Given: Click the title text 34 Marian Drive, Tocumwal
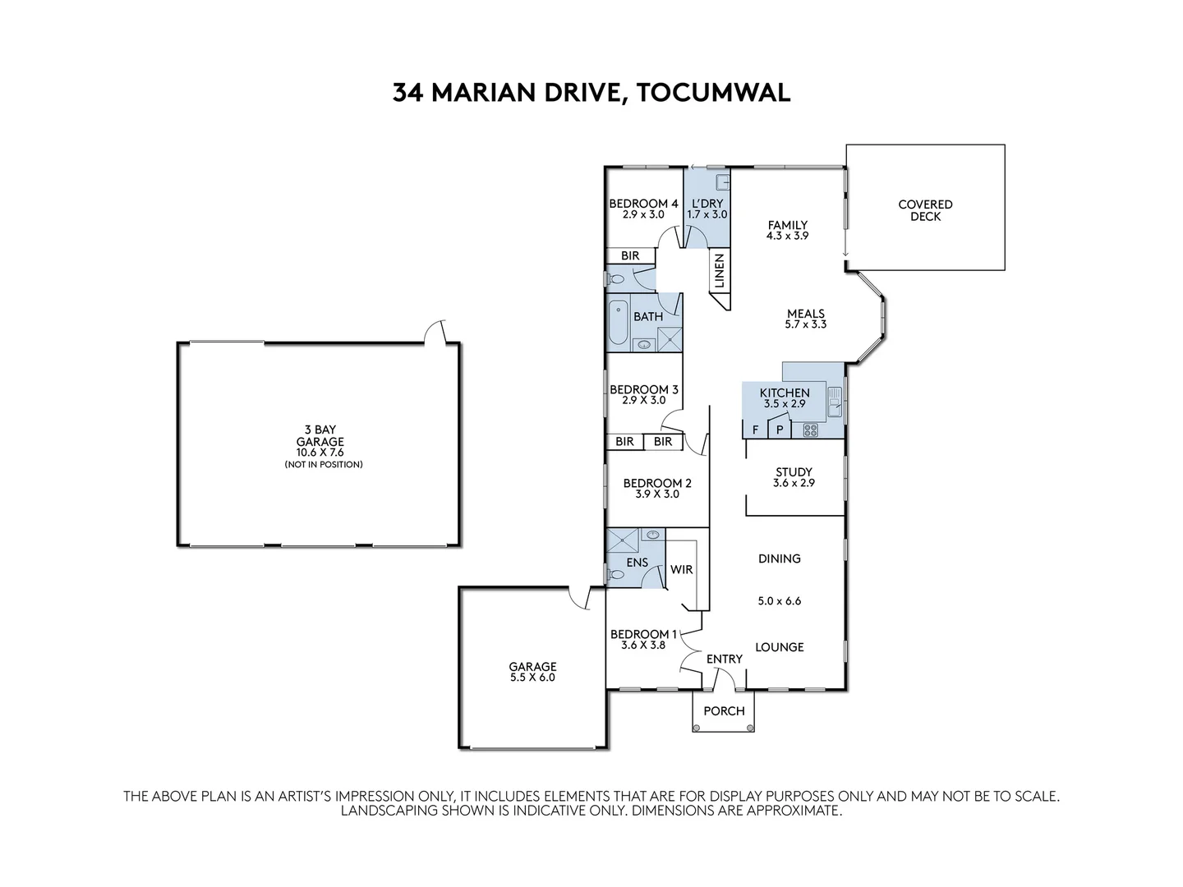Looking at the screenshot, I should [591, 92].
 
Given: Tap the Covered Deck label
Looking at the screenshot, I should [925, 210].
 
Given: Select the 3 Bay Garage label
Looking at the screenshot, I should [320, 435].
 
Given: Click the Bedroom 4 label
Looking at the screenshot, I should [643, 204].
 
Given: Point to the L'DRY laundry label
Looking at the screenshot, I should [707, 204].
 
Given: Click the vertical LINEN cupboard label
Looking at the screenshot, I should [719, 271].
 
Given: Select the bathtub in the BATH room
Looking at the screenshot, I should [618, 324].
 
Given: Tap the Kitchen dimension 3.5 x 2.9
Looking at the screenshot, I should [784, 404].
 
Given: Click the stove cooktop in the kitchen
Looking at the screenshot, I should [811, 429].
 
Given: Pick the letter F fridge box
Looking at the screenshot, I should [754, 430].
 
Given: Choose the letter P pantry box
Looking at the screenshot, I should [779, 430].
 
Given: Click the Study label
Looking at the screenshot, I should [794, 472].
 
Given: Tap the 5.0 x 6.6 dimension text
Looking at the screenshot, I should [779, 600].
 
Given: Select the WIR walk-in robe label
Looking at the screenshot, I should [681, 569].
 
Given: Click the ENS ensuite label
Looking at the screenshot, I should [637, 563].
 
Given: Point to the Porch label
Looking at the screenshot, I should [724, 711].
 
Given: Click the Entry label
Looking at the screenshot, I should [724, 659].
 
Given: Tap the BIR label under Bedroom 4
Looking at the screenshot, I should [630, 256].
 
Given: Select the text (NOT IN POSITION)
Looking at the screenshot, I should [324, 465].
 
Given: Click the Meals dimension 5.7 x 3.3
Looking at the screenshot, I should [805, 324].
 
